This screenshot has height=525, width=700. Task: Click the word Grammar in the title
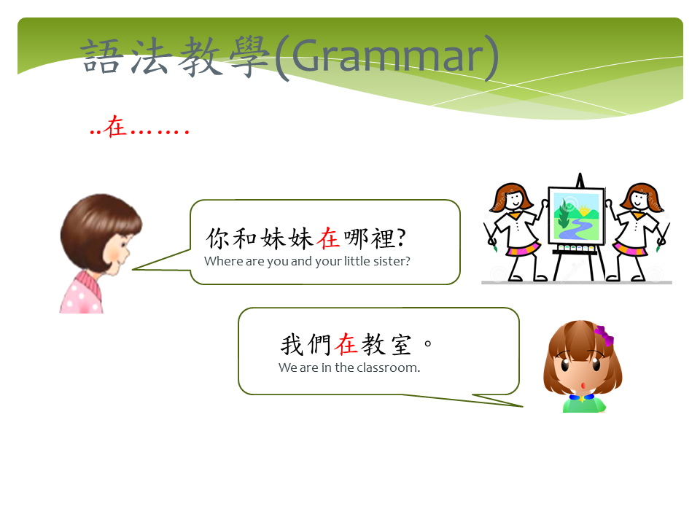click(x=389, y=55)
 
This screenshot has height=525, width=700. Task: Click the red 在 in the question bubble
click(x=328, y=238)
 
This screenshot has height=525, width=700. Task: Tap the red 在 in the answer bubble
click(x=347, y=344)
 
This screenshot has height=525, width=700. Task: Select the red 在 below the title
click(x=115, y=126)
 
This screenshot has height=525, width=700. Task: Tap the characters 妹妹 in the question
click(x=287, y=238)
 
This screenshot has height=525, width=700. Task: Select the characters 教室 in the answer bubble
click(x=386, y=344)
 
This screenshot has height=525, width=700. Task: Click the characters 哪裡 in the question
click(x=369, y=238)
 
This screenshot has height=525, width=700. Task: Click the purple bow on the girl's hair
click(x=604, y=335)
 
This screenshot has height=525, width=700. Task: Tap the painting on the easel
click(x=576, y=216)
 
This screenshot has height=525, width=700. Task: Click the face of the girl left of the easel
click(x=514, y=199)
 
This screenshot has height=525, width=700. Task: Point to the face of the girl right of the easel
click(x=639, y=199)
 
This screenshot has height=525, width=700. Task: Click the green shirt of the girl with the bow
click(x=584, y=405)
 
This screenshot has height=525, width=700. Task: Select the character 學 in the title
click(x=249, y=56)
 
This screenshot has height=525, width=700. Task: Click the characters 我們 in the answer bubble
click(x=306, y=344)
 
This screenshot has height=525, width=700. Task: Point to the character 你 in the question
click(x=218, y=238)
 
